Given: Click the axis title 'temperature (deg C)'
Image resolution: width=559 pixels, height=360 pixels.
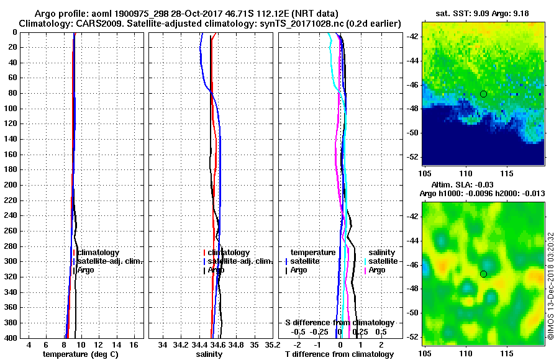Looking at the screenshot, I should click(x=80, y=354).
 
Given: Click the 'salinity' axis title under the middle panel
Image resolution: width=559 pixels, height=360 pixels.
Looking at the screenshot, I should click(x=209, y=354).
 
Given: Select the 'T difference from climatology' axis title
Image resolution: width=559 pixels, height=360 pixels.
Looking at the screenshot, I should click(x=339, y=354).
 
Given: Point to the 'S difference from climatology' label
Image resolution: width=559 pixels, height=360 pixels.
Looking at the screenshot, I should click(x=340, y=323).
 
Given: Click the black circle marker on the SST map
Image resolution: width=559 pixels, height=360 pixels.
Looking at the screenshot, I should click(x=483, y=94).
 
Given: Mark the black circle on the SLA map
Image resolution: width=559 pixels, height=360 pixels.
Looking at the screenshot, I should click(x=483, y=274).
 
